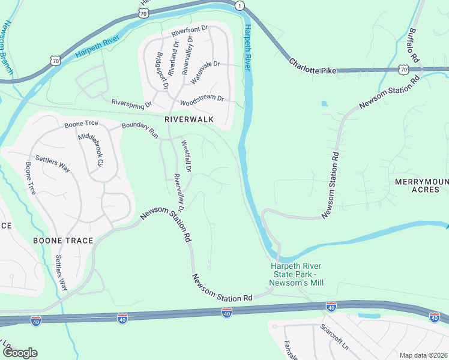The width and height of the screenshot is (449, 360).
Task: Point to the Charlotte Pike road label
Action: click(312, 67)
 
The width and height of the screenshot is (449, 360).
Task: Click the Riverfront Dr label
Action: click(189, 28)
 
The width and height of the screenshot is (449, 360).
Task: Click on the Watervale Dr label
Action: click(205, 71)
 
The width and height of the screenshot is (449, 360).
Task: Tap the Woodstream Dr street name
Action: click(202, 98)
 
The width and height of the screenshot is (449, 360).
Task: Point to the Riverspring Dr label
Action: click(132, 104)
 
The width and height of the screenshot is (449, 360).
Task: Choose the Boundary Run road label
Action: click(140, 130)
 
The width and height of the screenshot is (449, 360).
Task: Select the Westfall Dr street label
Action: click(185, 157)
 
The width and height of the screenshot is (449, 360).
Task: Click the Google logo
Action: click(20, 353)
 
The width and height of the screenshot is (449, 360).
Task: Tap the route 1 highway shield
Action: click(240, 5)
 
